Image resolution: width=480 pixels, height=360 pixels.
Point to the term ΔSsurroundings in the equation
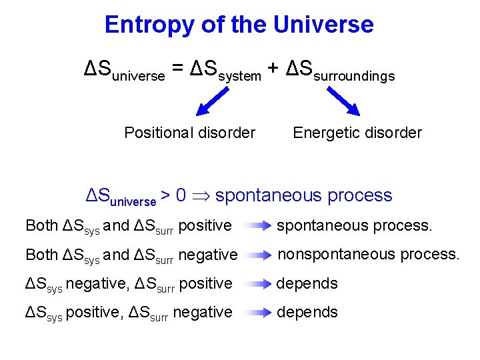340,71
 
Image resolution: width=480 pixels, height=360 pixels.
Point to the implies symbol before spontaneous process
203,196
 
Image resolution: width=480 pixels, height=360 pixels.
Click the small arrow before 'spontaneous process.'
257,226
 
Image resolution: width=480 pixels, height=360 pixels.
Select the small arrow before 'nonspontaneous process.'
257,255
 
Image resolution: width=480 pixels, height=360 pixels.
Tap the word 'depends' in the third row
307,284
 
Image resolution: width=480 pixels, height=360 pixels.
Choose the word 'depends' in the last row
307,313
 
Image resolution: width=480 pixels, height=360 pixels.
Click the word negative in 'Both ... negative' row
208,255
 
